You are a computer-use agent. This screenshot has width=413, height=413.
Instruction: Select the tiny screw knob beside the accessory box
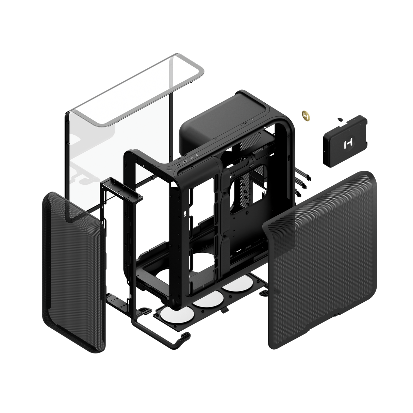(340, 119)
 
